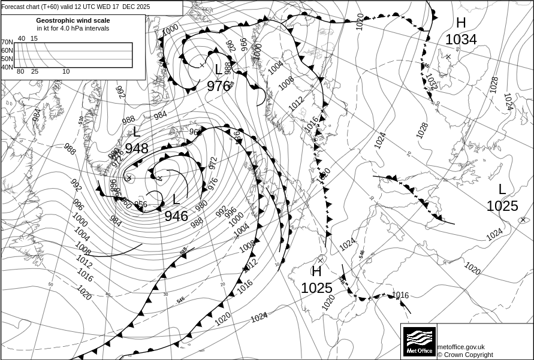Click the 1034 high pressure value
click(461, 40)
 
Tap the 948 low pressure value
click(137, 149)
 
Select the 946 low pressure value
click(176, 216)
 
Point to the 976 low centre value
click(219, 86)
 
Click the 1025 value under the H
click(316, 288)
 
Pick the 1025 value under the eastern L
click(502, 206)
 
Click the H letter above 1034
click(461, 23)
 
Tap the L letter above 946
click(176, 200)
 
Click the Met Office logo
click(418, 341)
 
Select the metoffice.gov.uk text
click(461, 347)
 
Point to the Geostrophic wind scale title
click(73, 20)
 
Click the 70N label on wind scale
click(7, 43)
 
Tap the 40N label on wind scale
click(7, 67)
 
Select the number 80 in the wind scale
click(20, 72)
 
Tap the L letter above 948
click(137, 132)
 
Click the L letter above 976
click(219, 69)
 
